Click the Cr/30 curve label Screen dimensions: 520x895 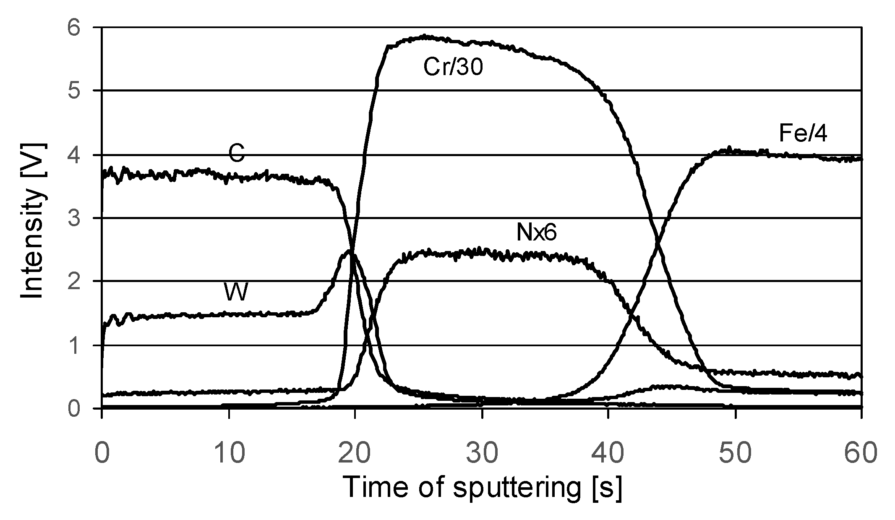tap(453, 67)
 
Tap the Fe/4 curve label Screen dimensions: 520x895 tap(803, 134)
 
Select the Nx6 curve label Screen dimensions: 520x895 tap(536, 232)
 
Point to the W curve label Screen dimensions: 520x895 tap(236, 292)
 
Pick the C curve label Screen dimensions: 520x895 tap(236, 154)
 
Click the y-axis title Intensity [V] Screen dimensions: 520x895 tap(33, 221)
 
